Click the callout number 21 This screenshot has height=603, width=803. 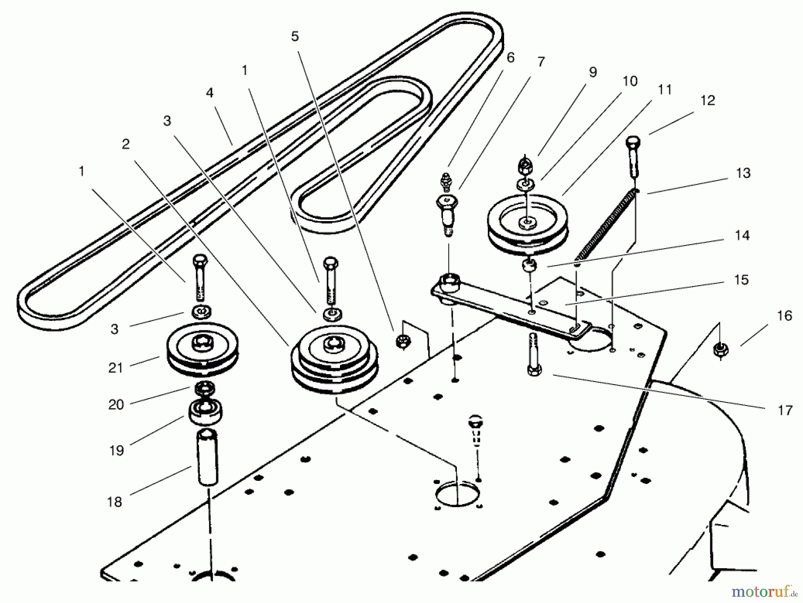[x=116, y=368]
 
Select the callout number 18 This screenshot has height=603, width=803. [x=115, y=502]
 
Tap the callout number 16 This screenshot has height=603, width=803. [x=784, y=316]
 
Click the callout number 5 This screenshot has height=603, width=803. [x=294, y=37]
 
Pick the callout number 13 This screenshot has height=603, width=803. [x=743, y=173]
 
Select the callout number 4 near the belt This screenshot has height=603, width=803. [x=209, y=93]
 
